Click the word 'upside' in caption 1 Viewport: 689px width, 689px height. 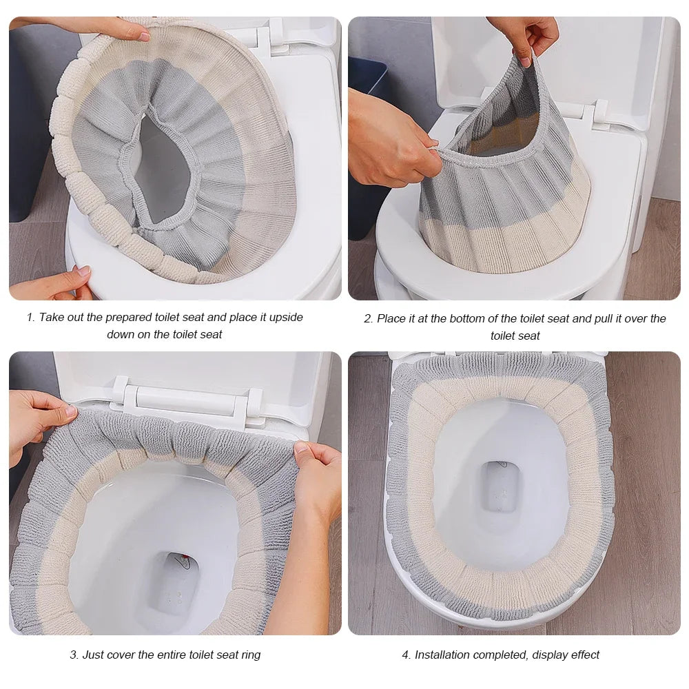coord(286,318)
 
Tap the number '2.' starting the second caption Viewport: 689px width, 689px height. coord(368,318)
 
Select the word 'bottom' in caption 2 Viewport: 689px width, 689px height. coord(480,318)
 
